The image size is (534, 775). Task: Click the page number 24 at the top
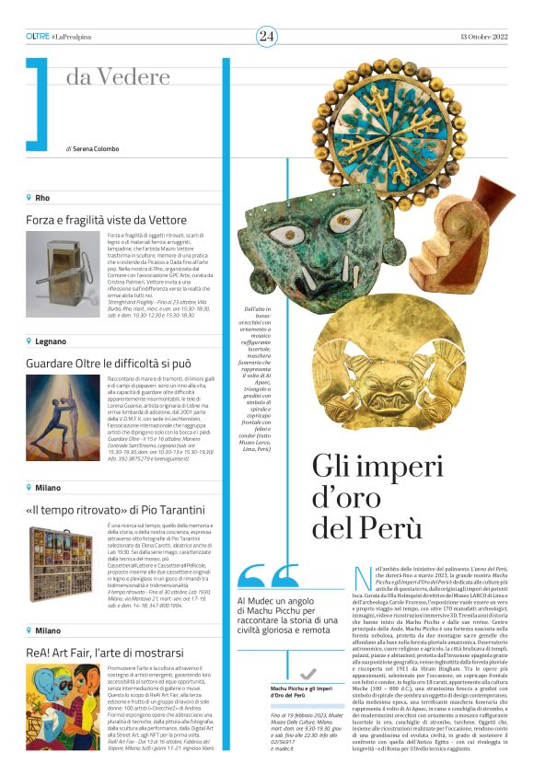pyautogui.click(x=266, y=36)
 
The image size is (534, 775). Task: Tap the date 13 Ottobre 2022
pyautogui.click(x=481, y=36)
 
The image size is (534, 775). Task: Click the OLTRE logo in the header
pyautogui.click(x=38, y=36)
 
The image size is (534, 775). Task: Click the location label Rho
pyautogui.click(x=42, y=197)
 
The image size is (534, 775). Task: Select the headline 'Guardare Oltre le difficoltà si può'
pyautogui.click(x=122, y=362)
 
